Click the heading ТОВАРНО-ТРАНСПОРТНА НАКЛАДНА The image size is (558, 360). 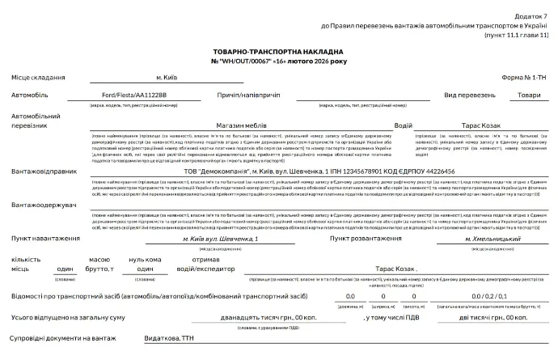click(279, 51)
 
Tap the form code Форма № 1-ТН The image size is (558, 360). click(524, 77)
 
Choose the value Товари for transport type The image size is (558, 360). click(529, 95)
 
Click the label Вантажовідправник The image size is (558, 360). click(44, 172)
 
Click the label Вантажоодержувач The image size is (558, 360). click(44, 205)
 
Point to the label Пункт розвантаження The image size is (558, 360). click(365, 239)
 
